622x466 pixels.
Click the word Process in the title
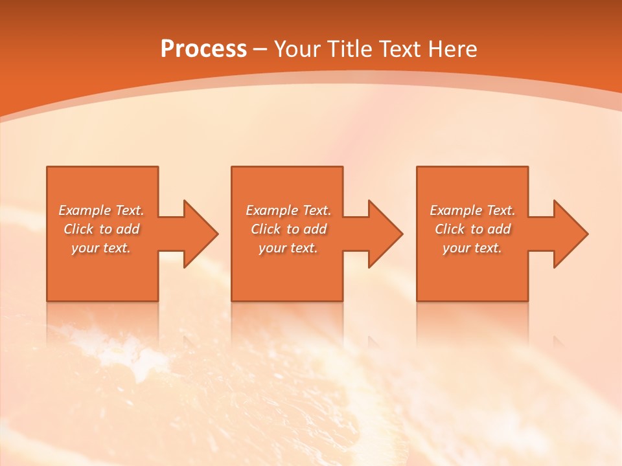coord(203,49)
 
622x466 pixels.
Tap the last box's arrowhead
coord(570,234)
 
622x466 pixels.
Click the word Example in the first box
coord(85,210)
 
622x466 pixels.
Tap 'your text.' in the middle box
coord(288,248)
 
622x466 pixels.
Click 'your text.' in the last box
coord(472,248)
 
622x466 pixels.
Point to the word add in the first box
coord(128,229)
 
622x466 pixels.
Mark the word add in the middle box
coord(316,229)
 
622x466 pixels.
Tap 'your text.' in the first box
coord(101,248)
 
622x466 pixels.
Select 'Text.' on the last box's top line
coord(500,210)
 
